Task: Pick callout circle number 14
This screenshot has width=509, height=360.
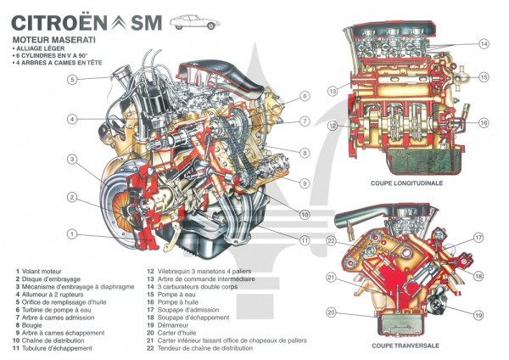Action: [483, 43]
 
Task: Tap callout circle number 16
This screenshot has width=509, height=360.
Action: [483, 122]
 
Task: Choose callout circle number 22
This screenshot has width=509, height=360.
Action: [332, 239]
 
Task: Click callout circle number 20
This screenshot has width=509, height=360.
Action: [332, 312]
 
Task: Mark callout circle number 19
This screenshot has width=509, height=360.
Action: [478, 315]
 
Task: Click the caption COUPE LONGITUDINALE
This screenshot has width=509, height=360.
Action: [407, 183]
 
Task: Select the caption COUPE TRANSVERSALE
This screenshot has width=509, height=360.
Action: [405, 346]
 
